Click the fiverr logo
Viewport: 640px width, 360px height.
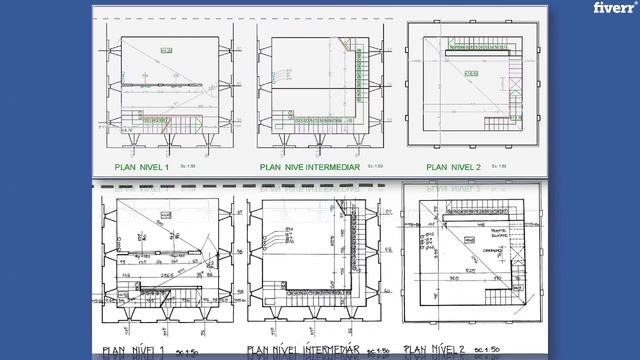(611, 9)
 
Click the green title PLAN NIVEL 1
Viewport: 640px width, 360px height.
(142, 167)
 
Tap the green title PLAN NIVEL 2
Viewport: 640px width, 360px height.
(453, 167)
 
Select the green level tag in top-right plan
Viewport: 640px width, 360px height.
(471, 73)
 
